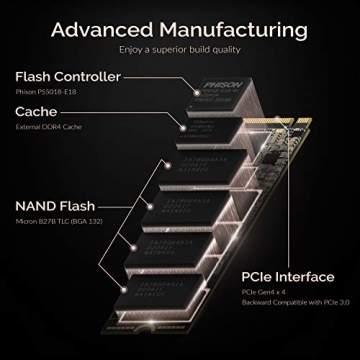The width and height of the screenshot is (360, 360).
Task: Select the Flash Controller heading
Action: coord(68,76)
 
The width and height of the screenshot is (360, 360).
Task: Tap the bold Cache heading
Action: coord(35,113)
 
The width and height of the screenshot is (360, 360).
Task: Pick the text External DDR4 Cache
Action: coord(49,129)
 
